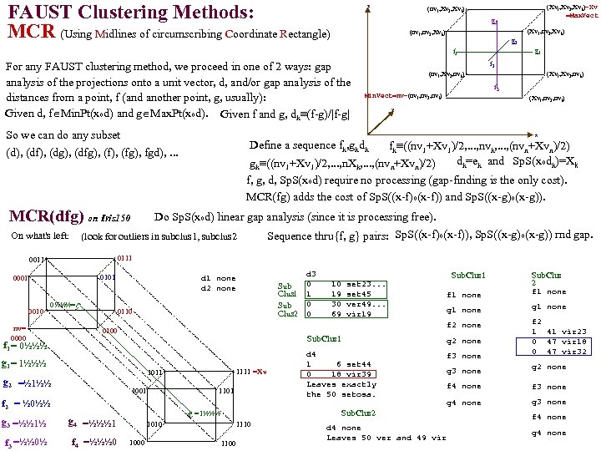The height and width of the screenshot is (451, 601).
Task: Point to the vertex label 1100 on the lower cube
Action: pyautogui.click(x=228, y=443)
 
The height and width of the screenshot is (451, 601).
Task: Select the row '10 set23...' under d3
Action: pyautogui.click(x=356, y=284)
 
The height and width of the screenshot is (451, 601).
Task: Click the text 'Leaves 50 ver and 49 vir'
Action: pyautogui.click(x=386, y=437)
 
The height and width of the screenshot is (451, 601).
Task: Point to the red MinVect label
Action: pyautogui.click(x=396, y=95)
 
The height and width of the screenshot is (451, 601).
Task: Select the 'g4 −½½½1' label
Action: pyautogui.click(x=92, y=422)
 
